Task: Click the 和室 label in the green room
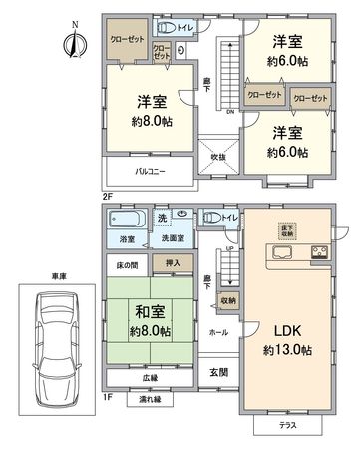146,310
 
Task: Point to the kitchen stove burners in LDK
321,250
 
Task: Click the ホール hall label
217,331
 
